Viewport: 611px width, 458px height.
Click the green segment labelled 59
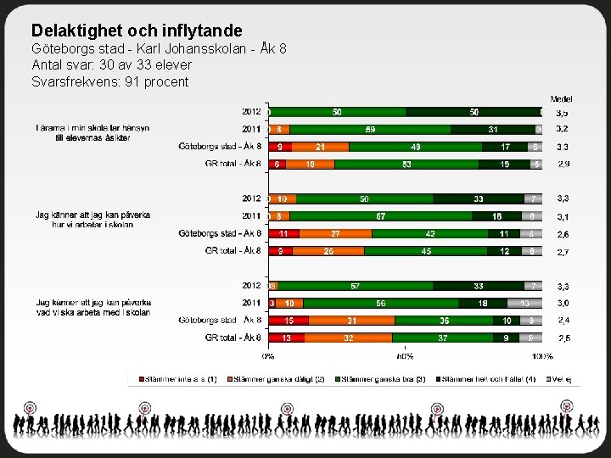click(x=370, y=129)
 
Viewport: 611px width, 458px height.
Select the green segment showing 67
click(x=382, y=216)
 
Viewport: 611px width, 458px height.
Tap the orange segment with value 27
click(x=336, y=233)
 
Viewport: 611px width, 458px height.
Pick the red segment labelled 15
click(x=289, y=320)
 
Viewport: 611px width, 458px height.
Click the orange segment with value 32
click(x=348, y=338)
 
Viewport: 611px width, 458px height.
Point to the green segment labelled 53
click(x=407, y=164)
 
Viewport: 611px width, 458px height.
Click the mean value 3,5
click(x=562, y=112)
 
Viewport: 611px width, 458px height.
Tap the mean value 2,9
click(x=563, y=164)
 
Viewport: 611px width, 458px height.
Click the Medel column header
click(x=560, y=99)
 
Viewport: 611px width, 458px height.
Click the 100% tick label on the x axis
click(x=543, y=356)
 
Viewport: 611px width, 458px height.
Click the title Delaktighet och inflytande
click(x=137, y=31)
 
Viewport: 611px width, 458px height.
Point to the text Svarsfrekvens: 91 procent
click(x=110, y=82)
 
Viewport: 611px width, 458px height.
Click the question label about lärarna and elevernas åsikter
click(x=92, y=133)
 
